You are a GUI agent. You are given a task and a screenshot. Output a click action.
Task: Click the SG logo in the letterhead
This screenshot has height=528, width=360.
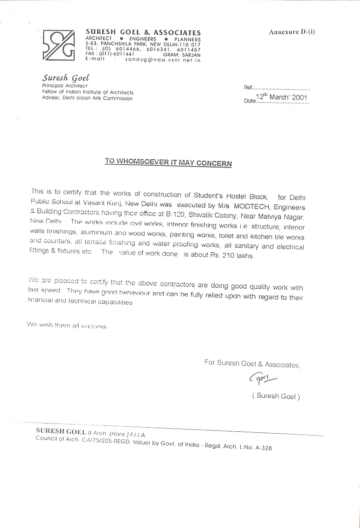58,45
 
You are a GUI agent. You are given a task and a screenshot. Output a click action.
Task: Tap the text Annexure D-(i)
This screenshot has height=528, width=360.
292,32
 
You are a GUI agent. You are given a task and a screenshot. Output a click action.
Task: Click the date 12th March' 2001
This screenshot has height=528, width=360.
282,97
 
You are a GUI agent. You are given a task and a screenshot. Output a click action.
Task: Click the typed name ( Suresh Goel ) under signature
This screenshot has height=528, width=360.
276,396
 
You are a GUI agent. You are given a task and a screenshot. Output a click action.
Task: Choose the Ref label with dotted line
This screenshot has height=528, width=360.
277,87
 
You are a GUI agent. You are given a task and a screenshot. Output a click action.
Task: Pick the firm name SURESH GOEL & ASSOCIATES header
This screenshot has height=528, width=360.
143,32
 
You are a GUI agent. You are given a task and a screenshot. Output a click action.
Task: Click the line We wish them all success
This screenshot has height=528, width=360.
66,325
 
